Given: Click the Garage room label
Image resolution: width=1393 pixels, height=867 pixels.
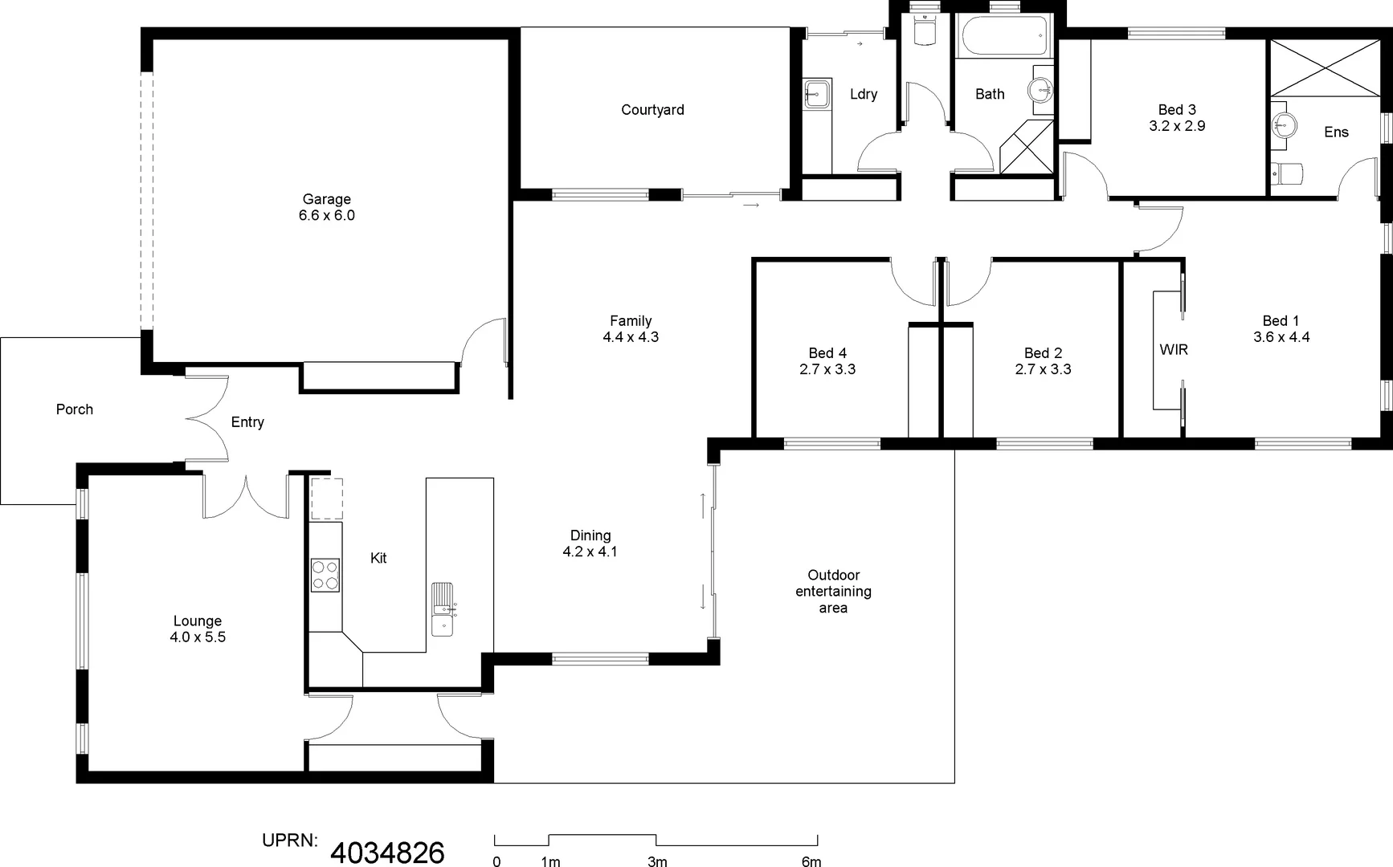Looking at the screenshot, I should coord(326,199).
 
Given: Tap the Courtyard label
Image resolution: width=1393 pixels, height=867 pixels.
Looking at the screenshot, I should coord(652,110).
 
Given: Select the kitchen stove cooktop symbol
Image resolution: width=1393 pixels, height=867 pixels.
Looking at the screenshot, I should coord(325,575).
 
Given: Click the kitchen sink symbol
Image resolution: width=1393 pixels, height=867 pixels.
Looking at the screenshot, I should coord(443,609).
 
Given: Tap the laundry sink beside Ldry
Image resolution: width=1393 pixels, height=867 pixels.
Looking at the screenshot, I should coord(816,93).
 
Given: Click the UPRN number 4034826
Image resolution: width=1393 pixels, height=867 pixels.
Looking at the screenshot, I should coord(387,853).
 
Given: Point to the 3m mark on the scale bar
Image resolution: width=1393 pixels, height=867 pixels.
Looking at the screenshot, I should coord(657,861).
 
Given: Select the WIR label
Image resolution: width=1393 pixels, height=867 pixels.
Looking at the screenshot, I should coord(1173,350).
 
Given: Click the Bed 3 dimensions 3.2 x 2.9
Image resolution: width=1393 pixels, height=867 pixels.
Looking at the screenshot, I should coord(1177,126).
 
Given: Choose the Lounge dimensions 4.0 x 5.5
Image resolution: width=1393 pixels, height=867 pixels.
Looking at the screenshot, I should coord(198,637).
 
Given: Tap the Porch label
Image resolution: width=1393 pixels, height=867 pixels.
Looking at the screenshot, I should coord(75,409).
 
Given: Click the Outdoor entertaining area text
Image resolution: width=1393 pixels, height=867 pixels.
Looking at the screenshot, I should coord(833,592).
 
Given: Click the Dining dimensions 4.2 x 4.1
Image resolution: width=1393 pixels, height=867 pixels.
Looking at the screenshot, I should coord(590,552).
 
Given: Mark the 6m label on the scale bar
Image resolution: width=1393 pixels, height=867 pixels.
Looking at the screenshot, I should coord(811,861).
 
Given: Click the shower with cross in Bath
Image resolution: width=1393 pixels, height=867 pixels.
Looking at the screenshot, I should coord(1027,146).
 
